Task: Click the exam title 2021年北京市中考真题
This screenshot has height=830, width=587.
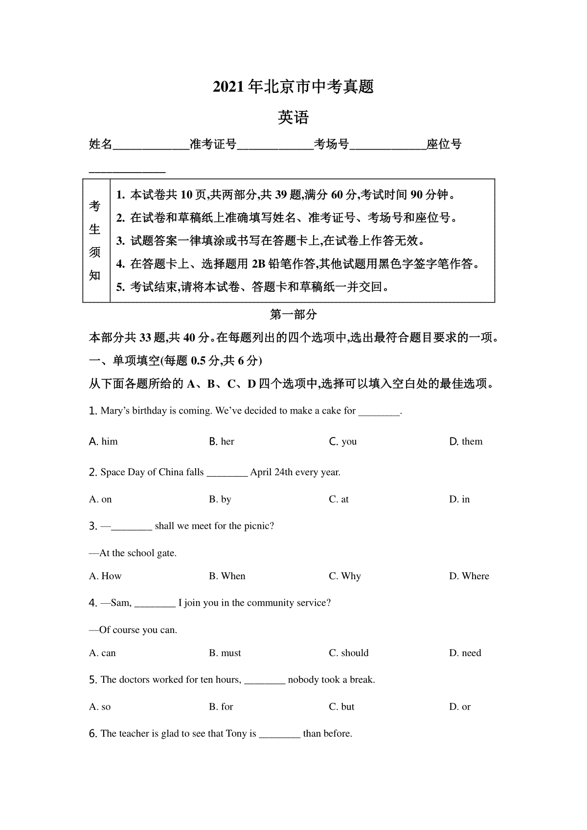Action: [293, 87]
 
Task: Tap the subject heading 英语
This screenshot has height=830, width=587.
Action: [293, 118]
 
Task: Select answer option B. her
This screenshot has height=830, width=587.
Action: [222, 441]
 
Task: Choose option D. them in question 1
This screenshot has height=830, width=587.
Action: [466, 441]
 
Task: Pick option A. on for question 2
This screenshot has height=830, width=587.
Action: [100, 499]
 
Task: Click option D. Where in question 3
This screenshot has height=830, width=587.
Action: [469, 576]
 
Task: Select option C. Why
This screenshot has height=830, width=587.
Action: [344, 576]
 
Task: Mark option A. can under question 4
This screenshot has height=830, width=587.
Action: [102, 653]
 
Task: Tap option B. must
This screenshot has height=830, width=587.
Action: [225, 653]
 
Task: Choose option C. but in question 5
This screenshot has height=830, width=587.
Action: [341, 706]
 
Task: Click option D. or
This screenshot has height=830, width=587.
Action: [460, 706]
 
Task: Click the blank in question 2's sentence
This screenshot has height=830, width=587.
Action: [227, 473]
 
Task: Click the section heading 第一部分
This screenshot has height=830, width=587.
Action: [293, 315]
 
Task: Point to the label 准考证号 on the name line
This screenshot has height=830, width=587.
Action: [213, 144]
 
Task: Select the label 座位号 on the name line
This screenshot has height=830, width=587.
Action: [444, 144]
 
